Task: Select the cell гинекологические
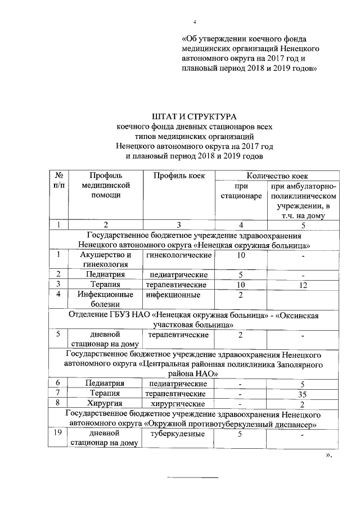click(x=179, y=255)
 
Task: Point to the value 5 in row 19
click(x=240, y=434)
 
